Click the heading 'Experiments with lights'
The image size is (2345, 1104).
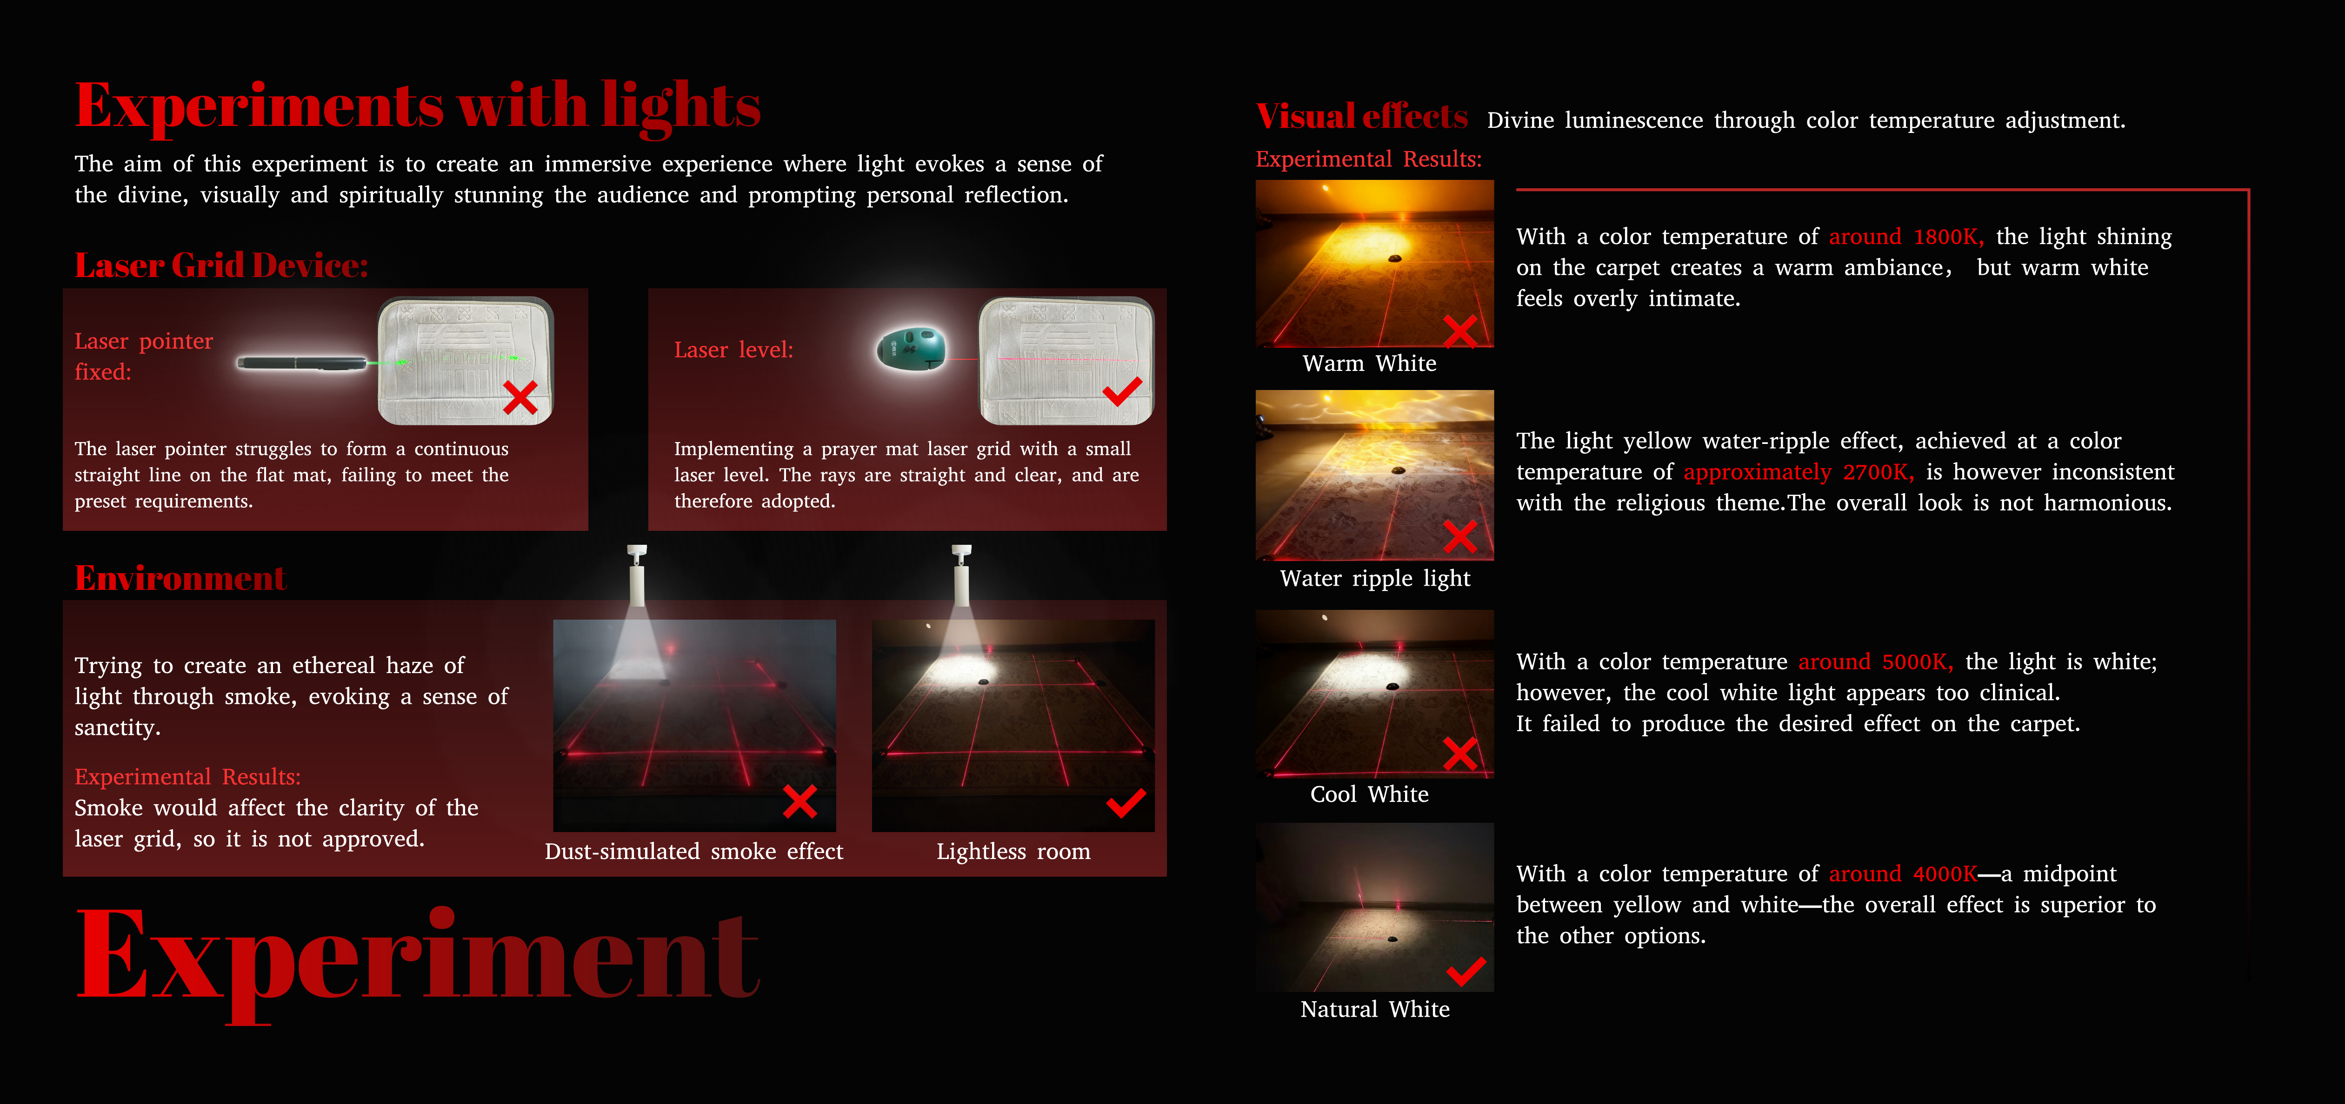(x=418, y=107)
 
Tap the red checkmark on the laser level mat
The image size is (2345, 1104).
(x=1122, y=391)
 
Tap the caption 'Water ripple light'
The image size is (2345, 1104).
(x=1375, y=579)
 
